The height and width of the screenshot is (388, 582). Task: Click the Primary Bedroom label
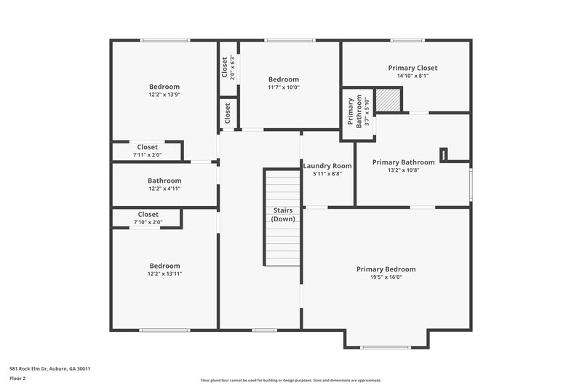[386, 269]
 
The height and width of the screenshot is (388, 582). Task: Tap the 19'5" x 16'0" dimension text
[386, 277]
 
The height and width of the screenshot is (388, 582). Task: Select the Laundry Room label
[327, 166]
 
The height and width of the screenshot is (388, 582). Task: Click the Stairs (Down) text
[282, 214]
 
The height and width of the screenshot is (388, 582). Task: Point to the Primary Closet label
[412, 68]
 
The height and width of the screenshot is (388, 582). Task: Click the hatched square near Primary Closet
[391, 100]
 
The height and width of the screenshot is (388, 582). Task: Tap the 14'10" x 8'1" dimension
[412, 76]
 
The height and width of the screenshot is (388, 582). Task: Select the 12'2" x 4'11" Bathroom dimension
[164, 189]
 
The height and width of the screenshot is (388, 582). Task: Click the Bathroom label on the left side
[164, 181]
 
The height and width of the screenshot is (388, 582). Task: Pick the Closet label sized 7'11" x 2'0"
[148, 147]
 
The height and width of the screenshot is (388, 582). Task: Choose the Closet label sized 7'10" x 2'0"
[148, 214]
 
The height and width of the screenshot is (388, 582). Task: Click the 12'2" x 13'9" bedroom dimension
[164, 95]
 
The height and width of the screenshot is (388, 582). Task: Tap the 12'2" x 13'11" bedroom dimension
[164, 274]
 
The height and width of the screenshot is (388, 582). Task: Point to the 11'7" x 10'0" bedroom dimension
[283, 87]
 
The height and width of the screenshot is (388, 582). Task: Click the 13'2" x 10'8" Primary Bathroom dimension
[403, 170]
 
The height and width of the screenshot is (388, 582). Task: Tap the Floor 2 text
[17, 379]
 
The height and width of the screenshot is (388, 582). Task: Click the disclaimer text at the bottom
[290, 380]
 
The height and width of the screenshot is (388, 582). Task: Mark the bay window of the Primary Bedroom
[386, 347]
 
